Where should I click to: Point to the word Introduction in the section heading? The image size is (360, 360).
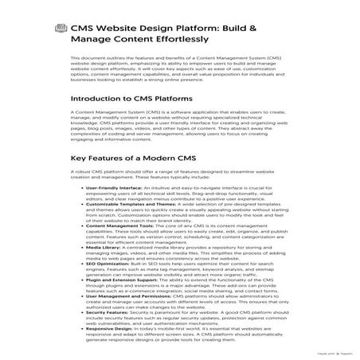(100, 121)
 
